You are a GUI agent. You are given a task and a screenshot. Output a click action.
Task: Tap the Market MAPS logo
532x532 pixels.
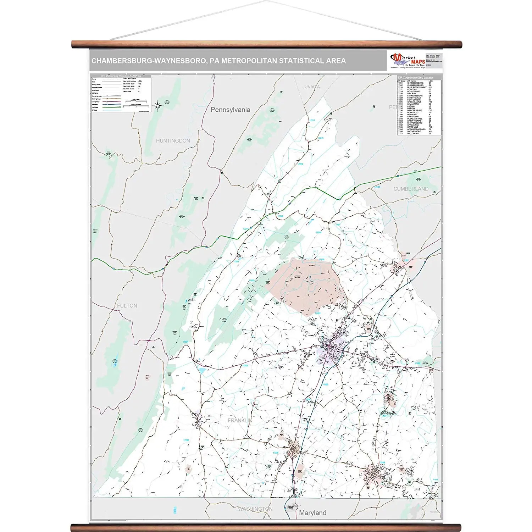[408, 61]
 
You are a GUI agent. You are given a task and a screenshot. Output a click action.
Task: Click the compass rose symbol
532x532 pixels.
[158, 105]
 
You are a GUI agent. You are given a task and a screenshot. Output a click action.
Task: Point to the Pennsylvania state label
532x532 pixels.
[230, 110]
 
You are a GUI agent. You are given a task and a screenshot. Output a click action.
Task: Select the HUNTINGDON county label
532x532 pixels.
[173, 141]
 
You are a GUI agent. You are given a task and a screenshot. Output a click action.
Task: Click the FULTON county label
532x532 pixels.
[127, 306]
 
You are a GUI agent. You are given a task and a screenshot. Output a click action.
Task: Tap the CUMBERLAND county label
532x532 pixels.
[411, 189]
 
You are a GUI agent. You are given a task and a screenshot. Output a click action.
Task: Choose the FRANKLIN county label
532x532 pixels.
[240, 420]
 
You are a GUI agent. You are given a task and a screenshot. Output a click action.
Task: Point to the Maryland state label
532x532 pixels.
[312, 513]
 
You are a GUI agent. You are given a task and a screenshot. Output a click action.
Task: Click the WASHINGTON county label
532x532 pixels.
[255, 509]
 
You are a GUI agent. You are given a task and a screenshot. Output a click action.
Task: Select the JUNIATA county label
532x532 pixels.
[311, 87]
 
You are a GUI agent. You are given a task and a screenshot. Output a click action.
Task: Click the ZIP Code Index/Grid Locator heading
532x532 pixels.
[415, 78]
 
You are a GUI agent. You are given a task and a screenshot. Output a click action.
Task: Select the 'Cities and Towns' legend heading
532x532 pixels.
[129, 78]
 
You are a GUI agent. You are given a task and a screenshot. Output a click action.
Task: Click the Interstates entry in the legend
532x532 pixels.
[95, 105]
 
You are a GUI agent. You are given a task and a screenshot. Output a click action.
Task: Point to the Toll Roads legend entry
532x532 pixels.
[95, 107]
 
